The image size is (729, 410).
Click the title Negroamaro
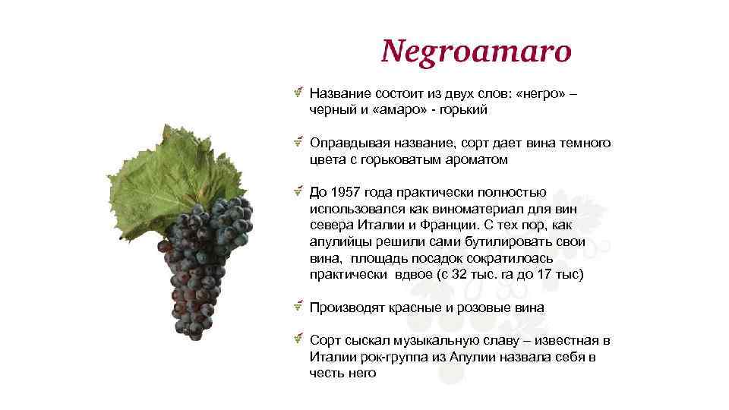[475, 52]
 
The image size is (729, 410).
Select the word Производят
[346, 307]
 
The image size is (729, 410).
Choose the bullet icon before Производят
[300, 307]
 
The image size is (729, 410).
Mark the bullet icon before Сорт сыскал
[300, 339]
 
